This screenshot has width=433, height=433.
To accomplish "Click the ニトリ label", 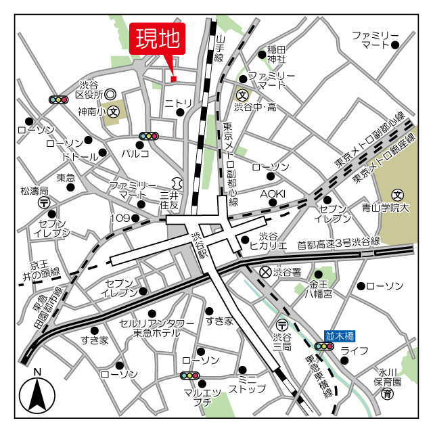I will [179, 103].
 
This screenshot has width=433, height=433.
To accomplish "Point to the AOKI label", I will [273, 194].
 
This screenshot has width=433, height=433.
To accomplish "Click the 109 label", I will [120, 218].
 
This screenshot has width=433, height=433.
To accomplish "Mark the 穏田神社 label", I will [277, 54].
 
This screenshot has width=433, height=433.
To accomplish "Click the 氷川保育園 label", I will [389, 377].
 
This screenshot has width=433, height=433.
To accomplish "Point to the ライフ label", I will [354, 350].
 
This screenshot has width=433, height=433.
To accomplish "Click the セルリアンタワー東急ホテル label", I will [157, 328].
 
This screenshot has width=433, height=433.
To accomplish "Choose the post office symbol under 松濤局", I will [44, 202].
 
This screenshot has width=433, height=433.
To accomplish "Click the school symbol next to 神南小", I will [114, 110].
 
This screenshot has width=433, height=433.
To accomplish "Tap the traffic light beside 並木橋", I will [325, 346].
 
